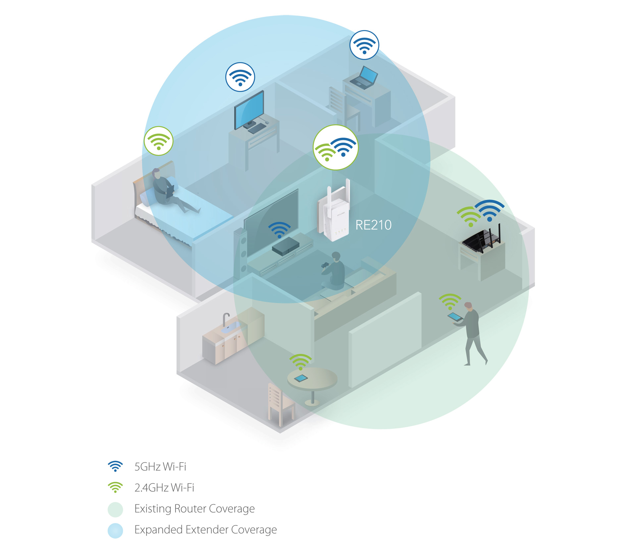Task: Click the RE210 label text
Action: (373, 225)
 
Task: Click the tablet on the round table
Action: (301, 378)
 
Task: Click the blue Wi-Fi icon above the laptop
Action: (364, 45)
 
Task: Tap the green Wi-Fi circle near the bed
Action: (159, 141)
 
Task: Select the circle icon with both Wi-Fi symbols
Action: (336, 147)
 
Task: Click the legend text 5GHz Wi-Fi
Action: (160, 467)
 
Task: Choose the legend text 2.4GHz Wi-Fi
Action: (164, 487)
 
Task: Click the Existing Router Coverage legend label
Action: (194, 509)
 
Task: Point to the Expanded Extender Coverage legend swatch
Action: (115, 530)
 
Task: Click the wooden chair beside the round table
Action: (280, 404)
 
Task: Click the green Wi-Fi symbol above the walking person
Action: (450, 301)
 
